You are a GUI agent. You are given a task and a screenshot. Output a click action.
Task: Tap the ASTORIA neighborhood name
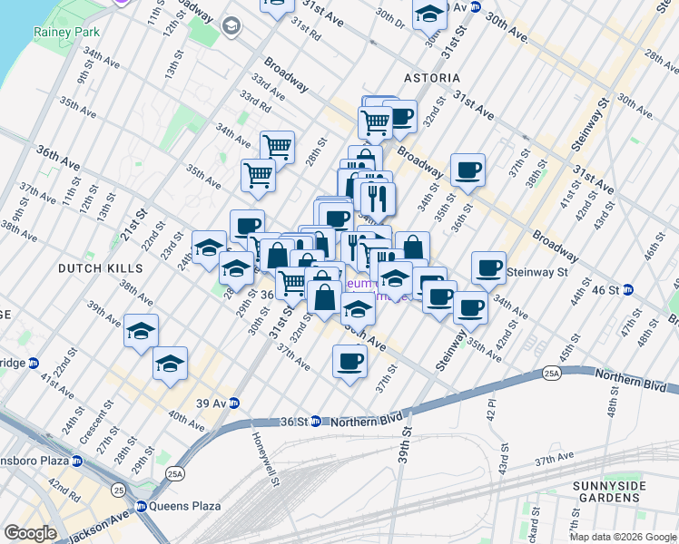pos(431,79)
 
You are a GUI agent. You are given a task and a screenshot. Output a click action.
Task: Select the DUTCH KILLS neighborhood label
pos(100,268)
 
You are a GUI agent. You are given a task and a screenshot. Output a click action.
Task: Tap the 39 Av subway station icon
pos(234,403)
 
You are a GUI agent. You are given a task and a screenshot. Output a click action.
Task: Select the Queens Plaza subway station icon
pos(142,506)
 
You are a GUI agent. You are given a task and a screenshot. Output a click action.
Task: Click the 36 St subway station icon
pos(315,421)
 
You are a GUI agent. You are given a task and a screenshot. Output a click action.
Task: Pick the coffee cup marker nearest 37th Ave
pos(349,363)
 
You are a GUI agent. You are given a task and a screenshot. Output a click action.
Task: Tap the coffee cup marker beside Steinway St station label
pos(488,267)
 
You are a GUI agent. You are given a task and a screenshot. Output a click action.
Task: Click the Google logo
pos(30,533)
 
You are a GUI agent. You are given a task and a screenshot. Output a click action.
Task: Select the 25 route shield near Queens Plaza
pos(119,491)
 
